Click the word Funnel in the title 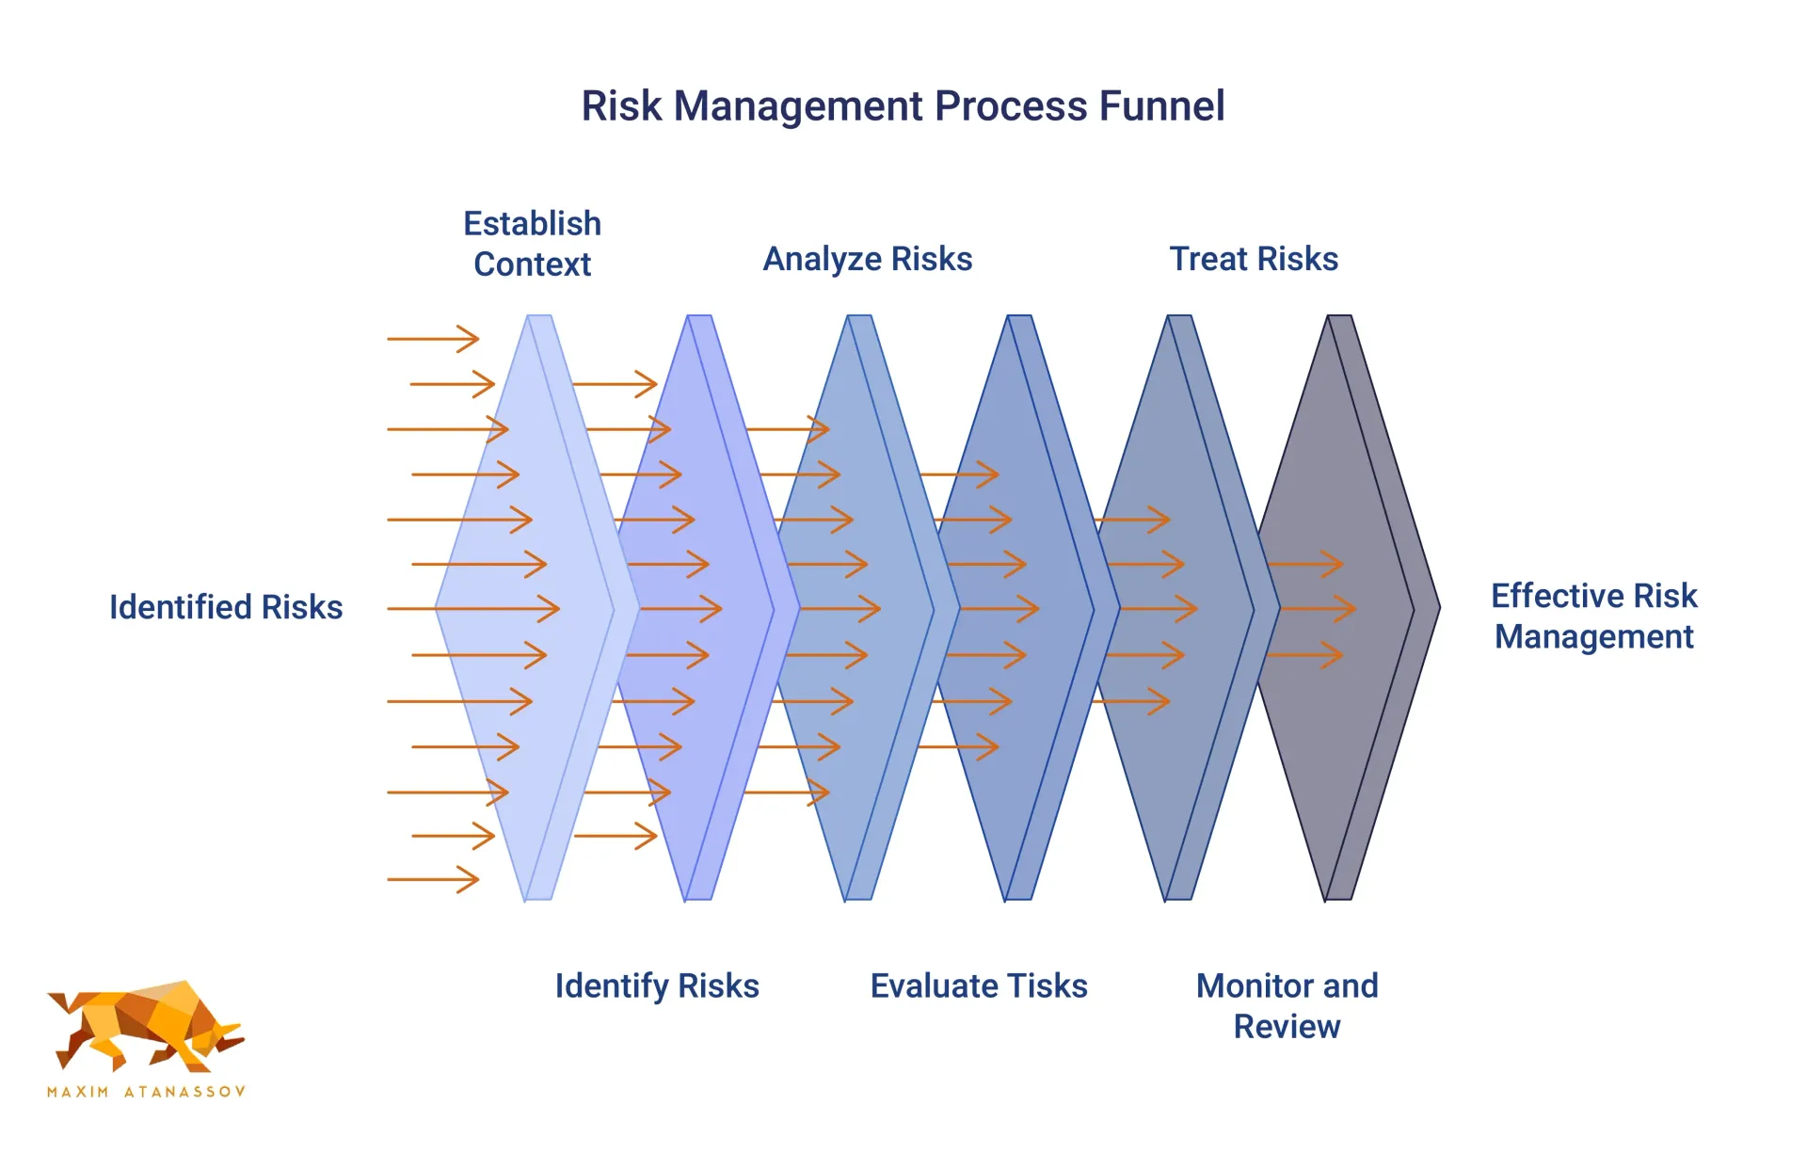(x=1161, y=105)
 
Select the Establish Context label (x=533, y=244)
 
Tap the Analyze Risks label (x=868, y=259)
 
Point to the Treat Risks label (x=1254, y=259)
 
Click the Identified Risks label (x=226, y=607)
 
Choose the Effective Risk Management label (x=1594, y=617)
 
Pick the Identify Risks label (x=657, y=986)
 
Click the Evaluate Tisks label (x=979, y=986)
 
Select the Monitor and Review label (x=1287, y=1006)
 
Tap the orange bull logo (x=146, y=1027)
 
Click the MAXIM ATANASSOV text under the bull (x=146, y=1092)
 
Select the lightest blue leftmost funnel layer (x=536, y=608)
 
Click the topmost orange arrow (x=433, y=339)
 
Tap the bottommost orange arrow (x=433, y=880)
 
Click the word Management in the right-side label (x=1594, y=637)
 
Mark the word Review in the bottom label (x=1287, y=1027)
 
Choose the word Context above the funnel (x=533, y=264)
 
